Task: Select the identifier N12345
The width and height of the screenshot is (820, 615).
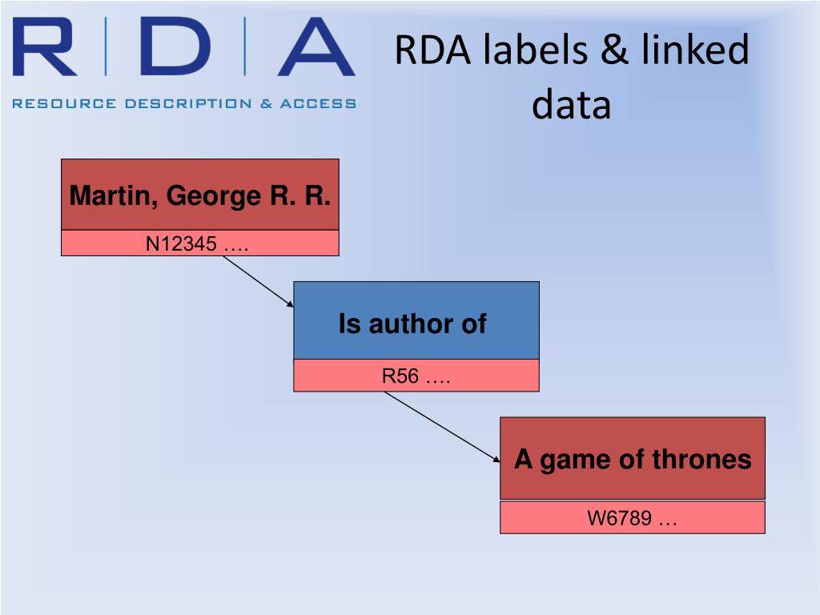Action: pos(181,243)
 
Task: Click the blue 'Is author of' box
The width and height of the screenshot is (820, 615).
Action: pos(416,320)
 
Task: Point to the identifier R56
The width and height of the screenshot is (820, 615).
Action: pos(400,376)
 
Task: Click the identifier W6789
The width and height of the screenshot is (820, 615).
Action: pos(620,518)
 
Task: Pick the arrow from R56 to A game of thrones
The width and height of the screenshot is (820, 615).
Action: pos(441,426)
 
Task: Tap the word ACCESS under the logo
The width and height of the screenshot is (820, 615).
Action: pos(318,103)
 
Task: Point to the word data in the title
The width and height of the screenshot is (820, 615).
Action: pos(571,105)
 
